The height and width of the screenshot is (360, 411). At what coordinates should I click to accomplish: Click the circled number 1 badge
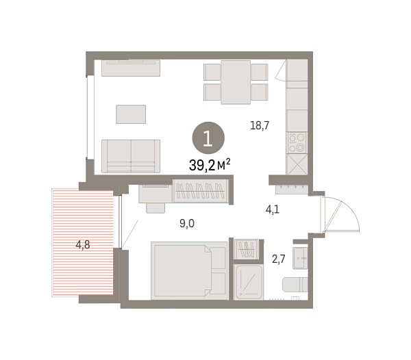click(x=208, y=137)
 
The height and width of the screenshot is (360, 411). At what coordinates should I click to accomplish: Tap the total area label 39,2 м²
click(x=209, y=164)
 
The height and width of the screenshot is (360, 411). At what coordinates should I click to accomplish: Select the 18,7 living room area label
click(x=259, y=125)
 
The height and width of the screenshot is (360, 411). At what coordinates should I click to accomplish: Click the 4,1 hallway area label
click(x=272, y=210)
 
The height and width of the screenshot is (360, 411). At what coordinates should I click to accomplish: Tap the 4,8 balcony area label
click(x=82, y=244)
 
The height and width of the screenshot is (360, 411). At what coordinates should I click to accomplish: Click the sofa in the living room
click(x=130, y=155)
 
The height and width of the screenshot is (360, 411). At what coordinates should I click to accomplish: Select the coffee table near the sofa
click(x=131, y=114)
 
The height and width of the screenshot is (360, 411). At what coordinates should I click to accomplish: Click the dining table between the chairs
click(x=236, y=82)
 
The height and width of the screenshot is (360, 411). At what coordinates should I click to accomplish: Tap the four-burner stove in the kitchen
click(x=297, y=142)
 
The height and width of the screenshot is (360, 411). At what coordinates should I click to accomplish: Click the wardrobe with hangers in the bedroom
click(x=200, y=190)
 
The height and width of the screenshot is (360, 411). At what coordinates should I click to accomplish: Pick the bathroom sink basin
click(x=301, y=257)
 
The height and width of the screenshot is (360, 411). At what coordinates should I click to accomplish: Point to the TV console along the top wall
click(x=130, y=68)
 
